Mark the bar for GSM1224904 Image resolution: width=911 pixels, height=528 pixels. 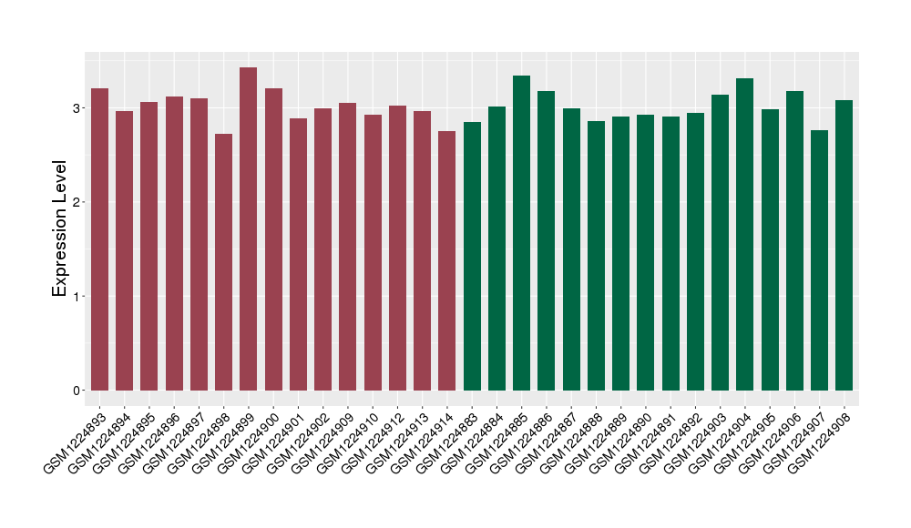click(x=745, y=234)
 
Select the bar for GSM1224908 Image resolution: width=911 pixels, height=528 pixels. click(x=844, y=245)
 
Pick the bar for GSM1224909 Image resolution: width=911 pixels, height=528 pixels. click(x=348, y=247)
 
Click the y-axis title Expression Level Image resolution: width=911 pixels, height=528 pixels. click(x=60, y=228)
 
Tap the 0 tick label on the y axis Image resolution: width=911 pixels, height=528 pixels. click(x=77, y=391)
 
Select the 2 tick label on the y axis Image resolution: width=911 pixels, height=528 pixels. click(x=77, y=202)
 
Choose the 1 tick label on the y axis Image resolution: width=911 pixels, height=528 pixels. click(x=77, y=297)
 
